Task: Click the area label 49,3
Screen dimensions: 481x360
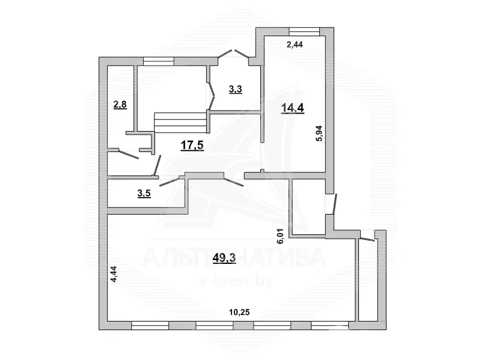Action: [224, 258]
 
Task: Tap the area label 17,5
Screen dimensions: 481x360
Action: [192, 145]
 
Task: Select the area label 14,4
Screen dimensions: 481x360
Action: [292, 108]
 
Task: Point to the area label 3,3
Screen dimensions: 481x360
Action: [236, 89]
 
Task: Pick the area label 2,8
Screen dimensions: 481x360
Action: [120, 105]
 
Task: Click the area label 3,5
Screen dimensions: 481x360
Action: [144, 194]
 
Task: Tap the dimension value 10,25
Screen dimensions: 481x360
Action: [239, 313]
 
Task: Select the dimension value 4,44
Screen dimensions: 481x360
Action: [114, 275]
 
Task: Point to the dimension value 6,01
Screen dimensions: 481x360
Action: [281, 236]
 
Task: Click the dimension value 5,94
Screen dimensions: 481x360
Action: [319, 133]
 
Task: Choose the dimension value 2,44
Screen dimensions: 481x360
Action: [295, 44]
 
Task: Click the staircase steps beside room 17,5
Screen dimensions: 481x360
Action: [181, 123]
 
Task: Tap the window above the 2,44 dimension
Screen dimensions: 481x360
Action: [304, 32]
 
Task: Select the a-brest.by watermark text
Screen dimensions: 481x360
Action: [236, 281]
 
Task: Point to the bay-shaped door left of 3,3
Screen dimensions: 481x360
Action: [210, 96]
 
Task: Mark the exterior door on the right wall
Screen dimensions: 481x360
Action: [335, 203]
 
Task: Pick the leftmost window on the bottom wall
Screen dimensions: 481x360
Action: [150, 325]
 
